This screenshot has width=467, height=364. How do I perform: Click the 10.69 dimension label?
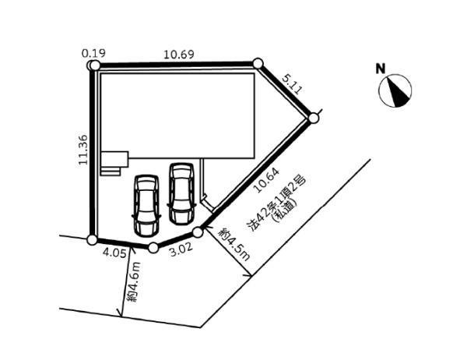pos(179,55)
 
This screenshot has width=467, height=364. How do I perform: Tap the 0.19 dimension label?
pos(93,54)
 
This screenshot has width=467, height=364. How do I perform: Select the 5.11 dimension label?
pos(292,85)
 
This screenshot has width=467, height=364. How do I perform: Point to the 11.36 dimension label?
pos(83,150)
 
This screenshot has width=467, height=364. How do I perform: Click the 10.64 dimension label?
pos(266,180)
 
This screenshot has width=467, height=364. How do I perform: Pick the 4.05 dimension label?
pos(114,253)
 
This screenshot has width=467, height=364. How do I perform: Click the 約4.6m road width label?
pos(133,282)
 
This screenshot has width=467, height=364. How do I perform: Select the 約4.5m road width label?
pos(234,245)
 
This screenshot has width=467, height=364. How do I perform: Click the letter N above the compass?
pos(381,69)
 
